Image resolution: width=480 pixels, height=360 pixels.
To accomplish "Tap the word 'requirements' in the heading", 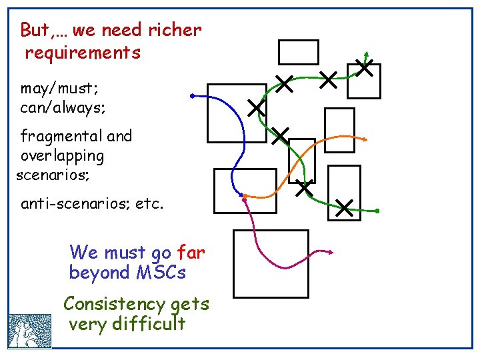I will pyautogui.click(x=83, y=53).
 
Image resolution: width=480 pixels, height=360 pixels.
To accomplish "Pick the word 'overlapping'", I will pyautogui.click(x=63, y=157).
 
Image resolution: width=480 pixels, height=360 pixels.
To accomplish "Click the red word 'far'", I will pyautogui.click(x=191, y=253).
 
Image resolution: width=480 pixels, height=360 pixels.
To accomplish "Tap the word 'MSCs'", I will pyautogui.click(x=161, y=273).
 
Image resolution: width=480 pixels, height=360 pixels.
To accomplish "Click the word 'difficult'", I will pyautogui.click(x=149, y=325).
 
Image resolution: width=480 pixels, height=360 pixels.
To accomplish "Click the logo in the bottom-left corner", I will pyautogui.click(x=30, y=331).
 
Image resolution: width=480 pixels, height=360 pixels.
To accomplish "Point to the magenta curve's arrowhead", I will pyautogui.click(x=331, y=253).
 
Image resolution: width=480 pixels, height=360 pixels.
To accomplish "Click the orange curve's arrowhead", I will pyautogui.click(x=366, y=139).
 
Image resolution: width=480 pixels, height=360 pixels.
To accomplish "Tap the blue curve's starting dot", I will pyautogui.click(x=192, y=96).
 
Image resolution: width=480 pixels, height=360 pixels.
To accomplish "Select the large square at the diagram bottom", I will pyautogui.click(x=271, y=263).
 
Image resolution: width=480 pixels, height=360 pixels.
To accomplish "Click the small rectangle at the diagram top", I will pyautogui.click(x=298, y=52).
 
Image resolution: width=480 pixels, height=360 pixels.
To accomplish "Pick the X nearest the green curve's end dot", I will pyautogui.click(x=345, y=208).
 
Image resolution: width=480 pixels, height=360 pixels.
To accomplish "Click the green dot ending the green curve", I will pyautogui.click(x=377, y=211).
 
